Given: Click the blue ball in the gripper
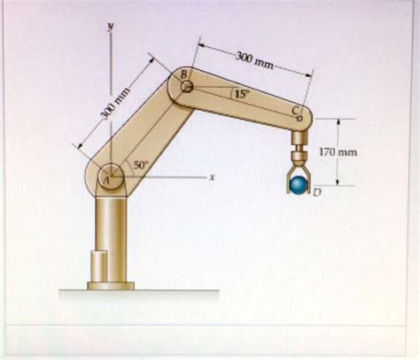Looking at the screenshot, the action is point(299,184).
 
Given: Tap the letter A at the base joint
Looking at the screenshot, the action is point(106,179).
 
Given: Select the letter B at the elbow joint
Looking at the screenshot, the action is point(183,74).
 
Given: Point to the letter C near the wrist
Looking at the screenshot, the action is point(296,111).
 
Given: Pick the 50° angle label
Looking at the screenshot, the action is point(140,165).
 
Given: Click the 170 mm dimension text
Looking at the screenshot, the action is point(338,153).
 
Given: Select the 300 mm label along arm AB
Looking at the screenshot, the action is point(114,103).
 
